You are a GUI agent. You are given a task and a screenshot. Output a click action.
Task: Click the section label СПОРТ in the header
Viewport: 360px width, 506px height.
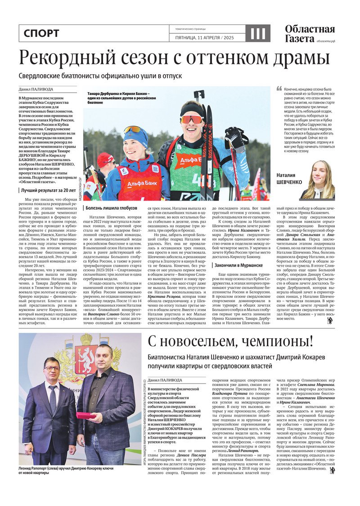tap(41, 33)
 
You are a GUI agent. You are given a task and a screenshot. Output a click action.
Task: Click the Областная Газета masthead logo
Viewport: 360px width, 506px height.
tap(310, 34)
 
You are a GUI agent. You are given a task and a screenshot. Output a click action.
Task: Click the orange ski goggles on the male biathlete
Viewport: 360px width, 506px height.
tap(192, 119)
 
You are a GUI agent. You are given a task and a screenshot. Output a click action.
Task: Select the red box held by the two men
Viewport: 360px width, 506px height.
tap(85, 415)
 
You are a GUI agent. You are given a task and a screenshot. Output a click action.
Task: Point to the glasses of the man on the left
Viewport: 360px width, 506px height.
tap(52, 368)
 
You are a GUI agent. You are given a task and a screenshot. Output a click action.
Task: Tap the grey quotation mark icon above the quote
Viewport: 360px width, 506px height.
tap(279, 89)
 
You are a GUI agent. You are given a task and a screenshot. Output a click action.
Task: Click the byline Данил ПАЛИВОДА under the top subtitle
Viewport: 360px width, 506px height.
tap(36, 89)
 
